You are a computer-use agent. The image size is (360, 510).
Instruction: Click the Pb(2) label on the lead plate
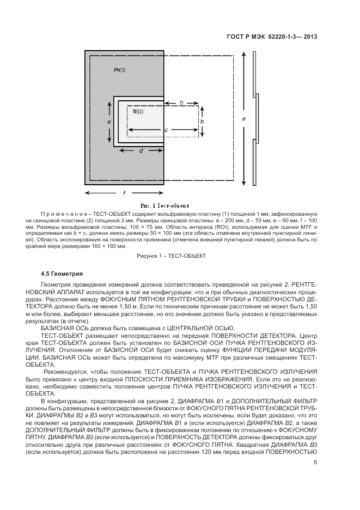tap(119, 70)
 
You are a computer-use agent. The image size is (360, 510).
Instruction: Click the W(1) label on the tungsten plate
tap(138, 111)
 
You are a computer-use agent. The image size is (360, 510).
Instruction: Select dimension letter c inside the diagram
tap(166, 130)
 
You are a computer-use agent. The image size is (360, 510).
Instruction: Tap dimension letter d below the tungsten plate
tap(141, 151)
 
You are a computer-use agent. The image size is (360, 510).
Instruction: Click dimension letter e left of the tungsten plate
tap(109, 123)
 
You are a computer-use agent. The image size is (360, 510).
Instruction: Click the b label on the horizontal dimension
tap(181, 102)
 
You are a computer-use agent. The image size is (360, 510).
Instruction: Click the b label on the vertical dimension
tap(202, 121)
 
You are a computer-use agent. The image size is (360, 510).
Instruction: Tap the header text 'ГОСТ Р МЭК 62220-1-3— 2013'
tap(272, 38)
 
